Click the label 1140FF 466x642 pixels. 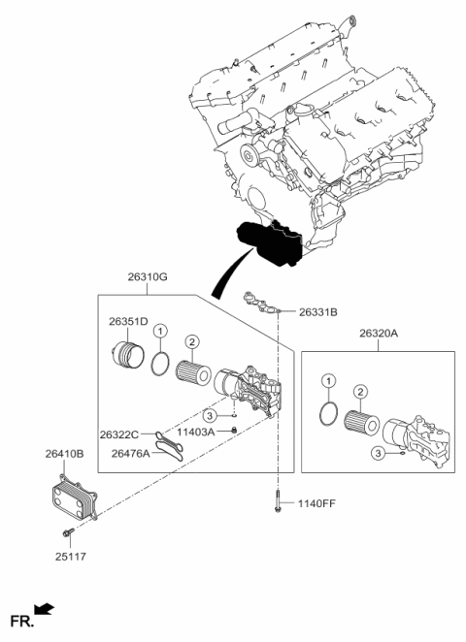[x=318, y=502]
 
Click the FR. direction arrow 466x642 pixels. [x=45, y=609]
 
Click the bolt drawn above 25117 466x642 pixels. [x=66, y=532]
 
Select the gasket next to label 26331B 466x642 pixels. [x=262, y=303]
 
